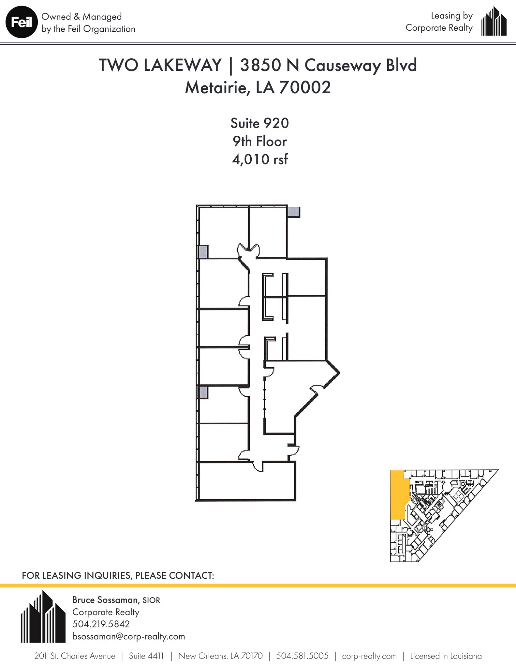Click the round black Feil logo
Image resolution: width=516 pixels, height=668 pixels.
[x=21, y=23]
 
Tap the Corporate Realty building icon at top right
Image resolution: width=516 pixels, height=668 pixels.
[x=494, y=22]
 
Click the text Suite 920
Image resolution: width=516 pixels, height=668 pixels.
[x=259, y=123]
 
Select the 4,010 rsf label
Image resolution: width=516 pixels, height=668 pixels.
[x=260, y=159]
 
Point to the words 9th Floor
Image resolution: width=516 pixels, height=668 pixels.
[x=259, y=142]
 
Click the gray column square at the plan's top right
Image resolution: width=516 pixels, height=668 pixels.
[x=294, y=212]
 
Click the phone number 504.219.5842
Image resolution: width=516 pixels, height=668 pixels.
[x=101, y=624]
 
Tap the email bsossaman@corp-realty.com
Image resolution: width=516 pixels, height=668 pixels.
[x=128, y=636]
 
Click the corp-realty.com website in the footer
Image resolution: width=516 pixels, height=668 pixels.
[x=369, y=656]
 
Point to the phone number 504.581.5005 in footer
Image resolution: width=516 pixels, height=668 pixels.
[x=302, y=656]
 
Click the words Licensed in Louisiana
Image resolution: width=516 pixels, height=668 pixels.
[x=446, y=656]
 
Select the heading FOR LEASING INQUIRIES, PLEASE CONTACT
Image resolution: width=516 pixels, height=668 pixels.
[x=118, y=575]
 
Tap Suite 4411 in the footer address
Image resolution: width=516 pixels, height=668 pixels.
[x=146, y=656]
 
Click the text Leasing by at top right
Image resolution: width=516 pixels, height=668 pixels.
[x=451, y=16]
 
